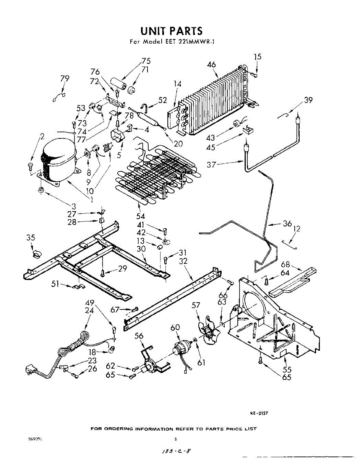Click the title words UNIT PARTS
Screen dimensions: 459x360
click(171, 31)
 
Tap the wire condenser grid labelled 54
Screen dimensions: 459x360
click(157, 172)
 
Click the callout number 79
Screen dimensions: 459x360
click(65, 78)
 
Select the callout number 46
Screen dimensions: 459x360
click(212, 65)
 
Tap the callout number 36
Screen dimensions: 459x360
click(287, 224)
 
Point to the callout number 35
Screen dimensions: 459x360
click(31, 238)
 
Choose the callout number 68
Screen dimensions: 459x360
click(285, 264)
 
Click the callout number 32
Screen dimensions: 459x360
click(183, 261)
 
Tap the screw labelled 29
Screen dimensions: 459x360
click(103, 272)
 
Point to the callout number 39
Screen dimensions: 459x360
click(308, 100)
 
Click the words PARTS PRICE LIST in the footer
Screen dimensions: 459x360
click(231, 429)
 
